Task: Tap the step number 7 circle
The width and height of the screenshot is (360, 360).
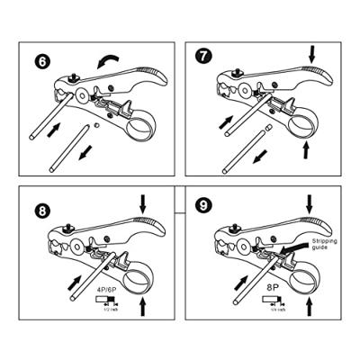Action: point(203,57)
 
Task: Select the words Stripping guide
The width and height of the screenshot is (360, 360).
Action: point(329,246)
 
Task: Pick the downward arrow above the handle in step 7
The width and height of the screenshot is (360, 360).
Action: point(311,55)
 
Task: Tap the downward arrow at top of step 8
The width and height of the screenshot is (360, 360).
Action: point(140,206)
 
